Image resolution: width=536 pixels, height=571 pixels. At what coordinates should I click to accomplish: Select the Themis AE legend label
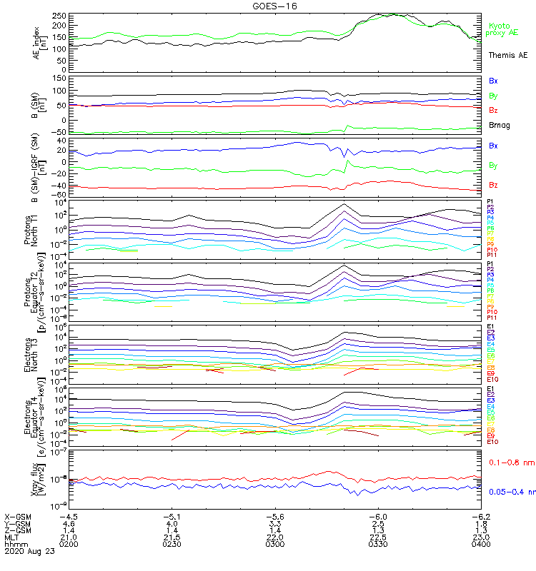pos(507,55)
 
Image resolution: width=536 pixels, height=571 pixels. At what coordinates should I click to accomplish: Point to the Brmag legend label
pos(499,126)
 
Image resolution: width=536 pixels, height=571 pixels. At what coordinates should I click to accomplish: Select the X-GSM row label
pos(19,517)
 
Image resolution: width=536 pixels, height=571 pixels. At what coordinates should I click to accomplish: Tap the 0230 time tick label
pos(172,545)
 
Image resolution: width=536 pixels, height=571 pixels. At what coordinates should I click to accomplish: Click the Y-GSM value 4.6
pos(69,525)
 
